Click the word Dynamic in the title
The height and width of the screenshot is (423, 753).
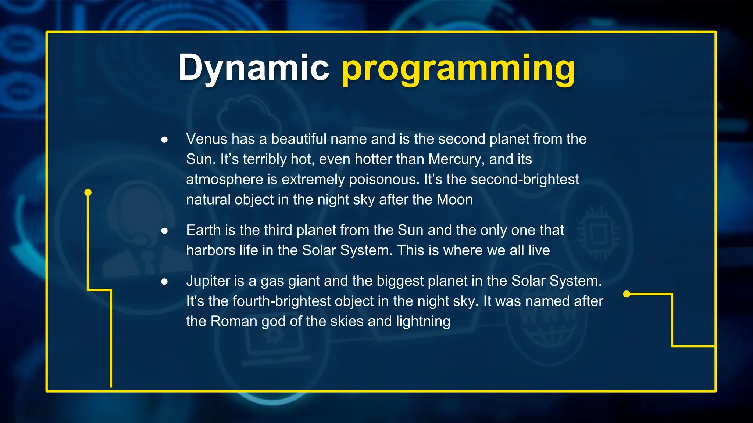click(253, 68)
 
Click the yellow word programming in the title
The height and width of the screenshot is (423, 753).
click(458, 69)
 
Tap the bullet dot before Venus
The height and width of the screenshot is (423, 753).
click(164, 140)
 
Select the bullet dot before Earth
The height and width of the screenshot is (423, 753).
click(164, 231)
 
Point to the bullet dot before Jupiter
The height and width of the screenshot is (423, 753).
click(164, 281)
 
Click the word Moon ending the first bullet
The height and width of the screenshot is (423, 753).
click(454, 200)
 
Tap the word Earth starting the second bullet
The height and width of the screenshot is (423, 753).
click(203, 230)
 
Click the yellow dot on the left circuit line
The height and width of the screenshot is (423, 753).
click(88, 192)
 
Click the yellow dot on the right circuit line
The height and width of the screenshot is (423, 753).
click(627, 294)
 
